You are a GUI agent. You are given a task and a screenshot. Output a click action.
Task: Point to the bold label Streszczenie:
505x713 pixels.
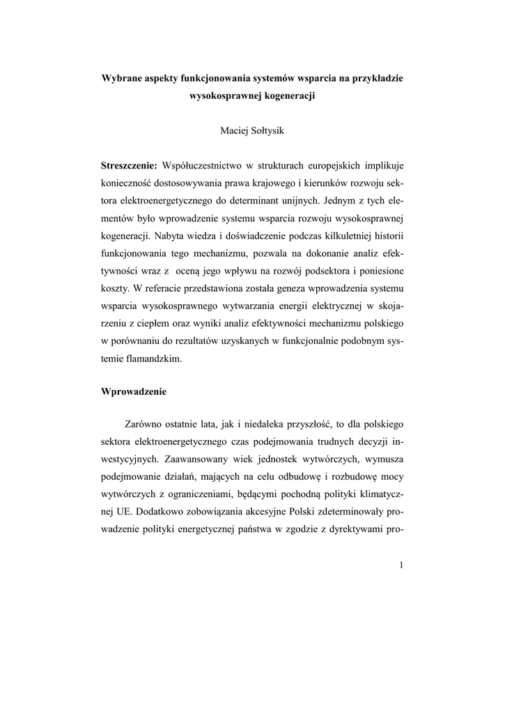(x=129, y=166)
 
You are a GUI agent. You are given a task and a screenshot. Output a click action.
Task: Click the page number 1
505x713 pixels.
(x=401, y=564)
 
